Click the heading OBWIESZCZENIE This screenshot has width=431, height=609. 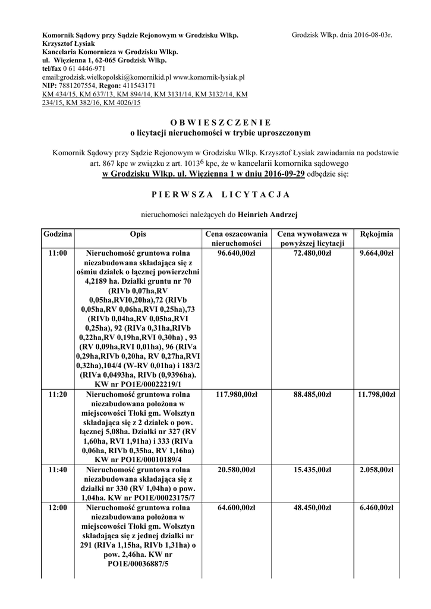coord(216,121)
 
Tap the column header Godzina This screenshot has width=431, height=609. coord(58,234)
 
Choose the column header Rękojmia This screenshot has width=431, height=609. coord(376,234)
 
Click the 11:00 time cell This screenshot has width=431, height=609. coord(58,253)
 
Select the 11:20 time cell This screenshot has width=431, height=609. coord(58,394)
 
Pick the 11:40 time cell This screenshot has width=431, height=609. coord(58,470)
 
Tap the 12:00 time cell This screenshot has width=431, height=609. coord(58,508)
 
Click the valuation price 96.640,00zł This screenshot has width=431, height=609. coord(237,253)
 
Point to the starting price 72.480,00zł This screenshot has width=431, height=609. coord(312,253)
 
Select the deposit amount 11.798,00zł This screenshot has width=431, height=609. coord(376,394)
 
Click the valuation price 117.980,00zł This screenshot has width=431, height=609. coord(237,394)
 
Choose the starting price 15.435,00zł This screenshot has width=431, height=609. coord(312,470)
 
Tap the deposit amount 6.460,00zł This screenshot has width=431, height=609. coord(377,508)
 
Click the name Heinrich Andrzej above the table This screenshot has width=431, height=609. coord(268,213)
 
